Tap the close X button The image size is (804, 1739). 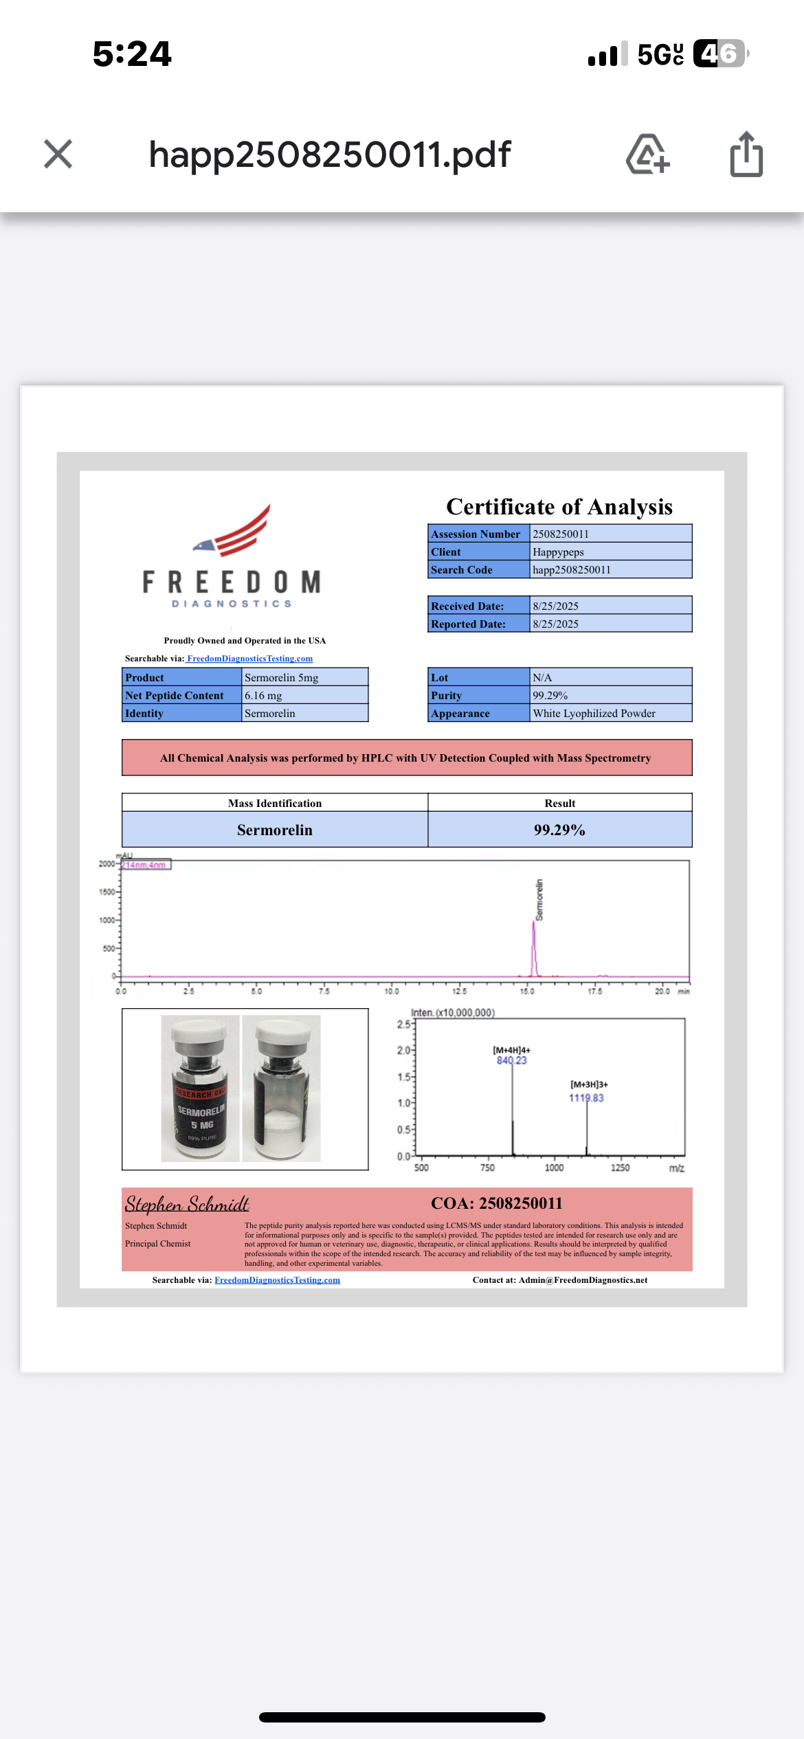tap(58, 154)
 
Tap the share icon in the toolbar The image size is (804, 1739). tap(746, 155)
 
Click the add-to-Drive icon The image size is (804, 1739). tap(647, 155)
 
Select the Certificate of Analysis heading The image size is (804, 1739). tap(559, 507)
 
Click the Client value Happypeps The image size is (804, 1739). tap(558, 552)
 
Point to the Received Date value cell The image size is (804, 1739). tap(610, 606)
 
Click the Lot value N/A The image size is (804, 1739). tap(542, 678)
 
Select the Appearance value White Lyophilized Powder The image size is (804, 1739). tap(594, 714)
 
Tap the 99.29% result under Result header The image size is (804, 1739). tap(559, 830)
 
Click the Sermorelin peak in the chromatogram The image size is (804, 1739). tap(534, 948)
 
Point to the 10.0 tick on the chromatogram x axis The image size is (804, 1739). tap(392, 991)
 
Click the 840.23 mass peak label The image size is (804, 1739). tap(512, 1060)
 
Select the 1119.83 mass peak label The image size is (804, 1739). tap(586, 1098)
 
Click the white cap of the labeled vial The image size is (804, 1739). tap(199, 1032)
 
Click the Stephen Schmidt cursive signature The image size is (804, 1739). tap(187, 1204)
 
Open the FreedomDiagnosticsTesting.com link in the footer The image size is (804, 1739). tap(277, 1280)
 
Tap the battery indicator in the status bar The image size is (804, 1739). tap(719, 54)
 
